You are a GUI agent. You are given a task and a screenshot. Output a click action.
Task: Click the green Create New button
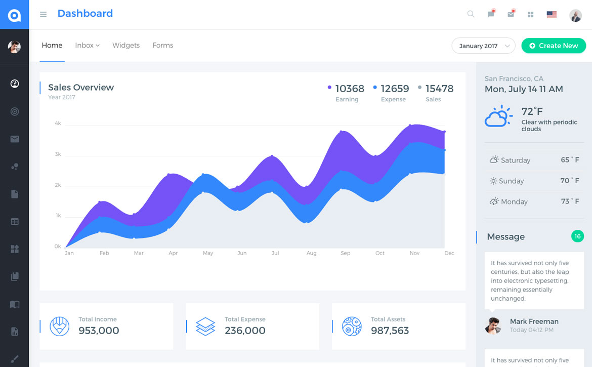[554, 46]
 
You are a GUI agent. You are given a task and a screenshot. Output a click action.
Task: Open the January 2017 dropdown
[483, 46]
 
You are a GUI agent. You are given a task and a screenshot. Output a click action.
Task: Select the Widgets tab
[126, 45]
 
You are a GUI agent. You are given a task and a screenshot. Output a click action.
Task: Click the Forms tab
[162, 45]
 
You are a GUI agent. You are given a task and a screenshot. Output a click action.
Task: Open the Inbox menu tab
[87, 45]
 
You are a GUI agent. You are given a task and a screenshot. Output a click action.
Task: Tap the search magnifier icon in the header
[471, 14]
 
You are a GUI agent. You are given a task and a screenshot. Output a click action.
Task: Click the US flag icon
[552, 15]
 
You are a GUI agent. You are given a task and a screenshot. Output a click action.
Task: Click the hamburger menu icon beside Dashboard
[43, 14]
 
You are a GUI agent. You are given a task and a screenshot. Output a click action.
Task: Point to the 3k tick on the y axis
[58, 154]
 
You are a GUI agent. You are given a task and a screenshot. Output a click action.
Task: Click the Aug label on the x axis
[311, 253]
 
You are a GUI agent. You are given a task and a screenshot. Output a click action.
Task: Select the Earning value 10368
[350, 89]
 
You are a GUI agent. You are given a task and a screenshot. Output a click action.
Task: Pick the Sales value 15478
[439, 89]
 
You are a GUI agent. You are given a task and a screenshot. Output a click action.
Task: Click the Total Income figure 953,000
[99, 331]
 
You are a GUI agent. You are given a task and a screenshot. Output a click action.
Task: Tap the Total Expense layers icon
[205, 327]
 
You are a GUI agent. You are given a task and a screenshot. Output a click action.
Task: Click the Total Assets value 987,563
[390, 331]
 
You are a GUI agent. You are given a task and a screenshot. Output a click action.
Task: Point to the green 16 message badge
[577, 236]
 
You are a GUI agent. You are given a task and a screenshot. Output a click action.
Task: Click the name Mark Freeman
[534, 321]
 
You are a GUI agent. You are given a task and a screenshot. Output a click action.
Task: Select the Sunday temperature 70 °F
[569, 181]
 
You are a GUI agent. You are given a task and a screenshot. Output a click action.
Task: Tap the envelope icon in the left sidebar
[15, 139]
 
